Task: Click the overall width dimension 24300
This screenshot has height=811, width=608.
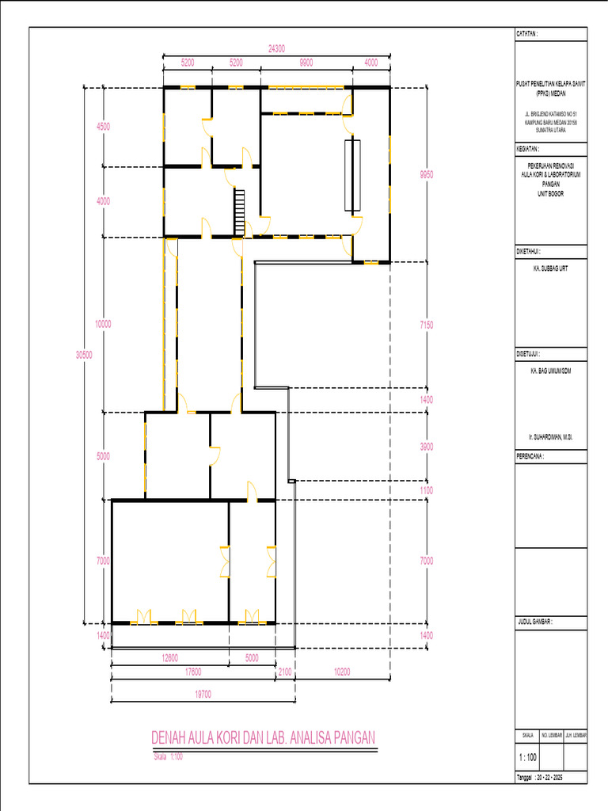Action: [277, 48]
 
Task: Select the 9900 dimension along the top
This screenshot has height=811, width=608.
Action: [306, 62]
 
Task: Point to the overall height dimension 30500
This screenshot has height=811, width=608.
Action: [83, 356]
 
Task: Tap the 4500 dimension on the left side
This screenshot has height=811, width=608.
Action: [103, 127]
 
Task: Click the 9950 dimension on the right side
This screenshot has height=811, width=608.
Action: [427, 174]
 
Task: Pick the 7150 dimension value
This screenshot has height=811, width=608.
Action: [427, 325]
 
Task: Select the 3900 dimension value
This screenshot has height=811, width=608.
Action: [427, 447]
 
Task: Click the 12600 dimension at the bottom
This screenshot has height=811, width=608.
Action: [169, 657]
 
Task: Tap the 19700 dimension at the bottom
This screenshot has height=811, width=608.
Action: [203, 695]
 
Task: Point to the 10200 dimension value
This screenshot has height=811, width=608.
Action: [343, 672]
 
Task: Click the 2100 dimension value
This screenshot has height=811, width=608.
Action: [285, 672]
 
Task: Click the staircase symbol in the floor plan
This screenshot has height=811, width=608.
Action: [240, 211]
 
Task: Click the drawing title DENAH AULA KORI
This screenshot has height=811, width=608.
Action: [263, 739]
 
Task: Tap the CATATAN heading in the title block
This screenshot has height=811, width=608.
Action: [527, 34]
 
